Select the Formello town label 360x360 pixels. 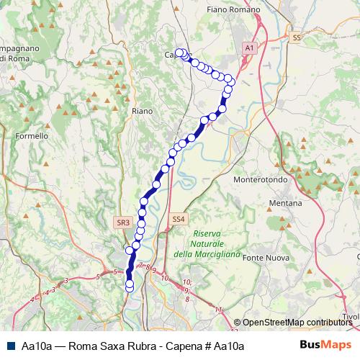point(31,135)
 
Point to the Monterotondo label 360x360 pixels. point(261,179)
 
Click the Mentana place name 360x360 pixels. point(285,204)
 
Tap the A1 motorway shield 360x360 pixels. point(249,47)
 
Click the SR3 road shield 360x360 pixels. point(123,223)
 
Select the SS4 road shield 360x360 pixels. point(178,218)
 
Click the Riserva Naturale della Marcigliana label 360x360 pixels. point(205,243)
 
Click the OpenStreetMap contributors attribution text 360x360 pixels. point(297,323)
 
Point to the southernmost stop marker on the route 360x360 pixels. point(130,287)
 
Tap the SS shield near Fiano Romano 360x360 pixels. point(296,37)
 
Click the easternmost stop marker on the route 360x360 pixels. point(229,79)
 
